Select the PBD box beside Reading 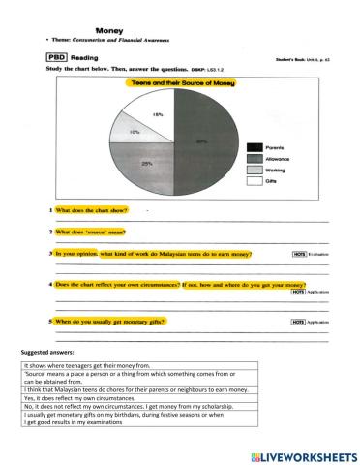57,57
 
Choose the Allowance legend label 280,158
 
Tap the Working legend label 278,170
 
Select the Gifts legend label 273,181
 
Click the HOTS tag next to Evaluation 272,254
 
